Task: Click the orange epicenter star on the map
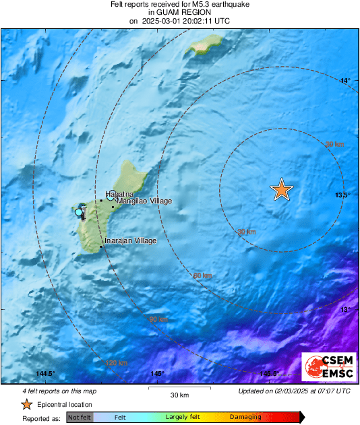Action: tap(281, 191)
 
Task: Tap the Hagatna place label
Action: tap(117, 194)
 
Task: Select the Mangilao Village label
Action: tap(144, 201)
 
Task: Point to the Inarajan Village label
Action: tap(130, 241)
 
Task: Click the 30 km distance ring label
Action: tap(247, 232)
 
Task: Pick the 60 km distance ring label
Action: tap(202, 275)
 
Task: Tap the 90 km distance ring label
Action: tap(158, 319)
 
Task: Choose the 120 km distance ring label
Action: tap(117, 363)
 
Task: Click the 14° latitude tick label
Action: tap(345, 81)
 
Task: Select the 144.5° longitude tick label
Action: tap(45, 374)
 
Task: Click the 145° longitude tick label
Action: tap(158, 374)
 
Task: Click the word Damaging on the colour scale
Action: tap(246, 418)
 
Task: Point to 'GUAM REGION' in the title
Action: tap(179, 12)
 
